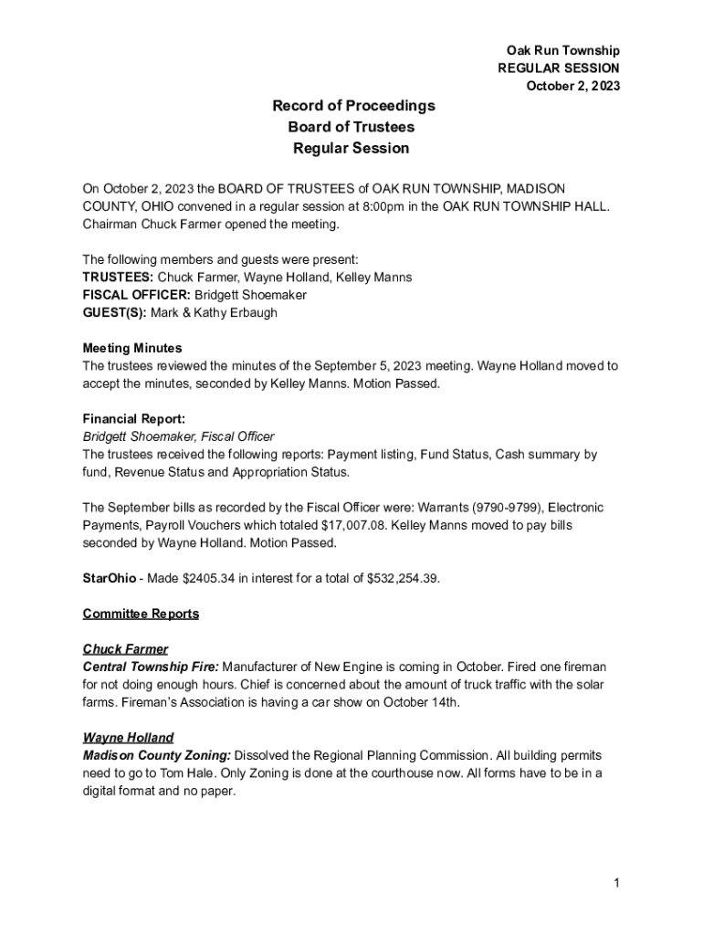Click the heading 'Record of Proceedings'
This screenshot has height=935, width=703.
pyautogui.click(x=353, y=106)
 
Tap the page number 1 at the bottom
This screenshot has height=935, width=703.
pyautogui.click(x=617, y=882)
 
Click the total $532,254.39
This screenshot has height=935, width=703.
pyautogui.click(x=401, y=578)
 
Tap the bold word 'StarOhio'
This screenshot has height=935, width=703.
pyautogui.click(x=110, y=578)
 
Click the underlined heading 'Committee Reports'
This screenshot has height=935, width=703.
pyautogui.click(x=141, y=614)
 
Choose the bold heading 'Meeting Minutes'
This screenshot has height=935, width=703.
pyautogui.click(x=132, y=348)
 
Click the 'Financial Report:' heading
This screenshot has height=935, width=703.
pyautogui.click(x=134, y=419)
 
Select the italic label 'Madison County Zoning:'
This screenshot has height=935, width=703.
pyautogui.click(x=157, y=756)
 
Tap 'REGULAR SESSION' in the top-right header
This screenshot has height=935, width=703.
pyautogui.click(x=558, y=68)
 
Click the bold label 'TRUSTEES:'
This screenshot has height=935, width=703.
pyautogui.click(x=119, y=277)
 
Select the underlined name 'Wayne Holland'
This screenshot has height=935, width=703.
pyautogui.click(x=128, y=738)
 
